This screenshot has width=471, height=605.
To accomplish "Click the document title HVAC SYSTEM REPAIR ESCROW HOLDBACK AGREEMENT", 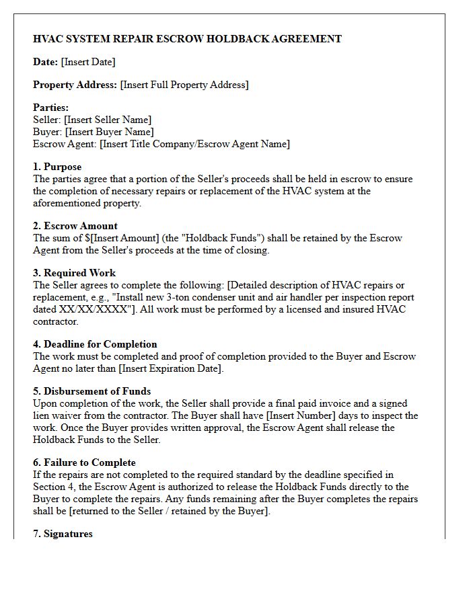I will point(187,39).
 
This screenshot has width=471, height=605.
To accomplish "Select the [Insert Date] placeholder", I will point(88,62).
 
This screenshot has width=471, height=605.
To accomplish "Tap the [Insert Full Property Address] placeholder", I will point(184,85).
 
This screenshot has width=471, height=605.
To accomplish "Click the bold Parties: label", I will point(51,108).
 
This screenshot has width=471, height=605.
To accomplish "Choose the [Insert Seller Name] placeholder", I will point(108,120).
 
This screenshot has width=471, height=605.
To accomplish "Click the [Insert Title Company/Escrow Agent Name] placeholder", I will point(194,144).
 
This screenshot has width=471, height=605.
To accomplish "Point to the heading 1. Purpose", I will point(57,167).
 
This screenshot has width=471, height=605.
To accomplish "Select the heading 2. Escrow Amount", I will point(75,226).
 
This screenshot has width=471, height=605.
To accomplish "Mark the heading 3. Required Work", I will point(74,273).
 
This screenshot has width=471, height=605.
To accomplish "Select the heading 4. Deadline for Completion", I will point(95,344).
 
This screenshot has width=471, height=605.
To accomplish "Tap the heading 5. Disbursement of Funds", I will point(92,391).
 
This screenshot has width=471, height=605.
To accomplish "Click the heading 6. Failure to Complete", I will point(84,462).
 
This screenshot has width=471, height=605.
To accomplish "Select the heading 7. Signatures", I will point(63,534).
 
